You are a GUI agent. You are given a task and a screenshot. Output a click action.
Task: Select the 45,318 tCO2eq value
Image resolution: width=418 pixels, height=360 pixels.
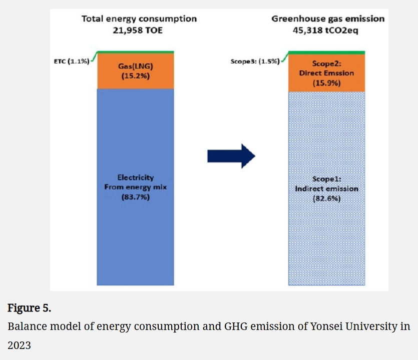[328, 29]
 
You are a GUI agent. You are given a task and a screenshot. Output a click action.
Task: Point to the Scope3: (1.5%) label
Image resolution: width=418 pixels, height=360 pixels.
[255, 63]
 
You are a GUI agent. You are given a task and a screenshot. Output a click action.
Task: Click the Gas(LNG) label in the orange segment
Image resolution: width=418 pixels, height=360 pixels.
[135, 66]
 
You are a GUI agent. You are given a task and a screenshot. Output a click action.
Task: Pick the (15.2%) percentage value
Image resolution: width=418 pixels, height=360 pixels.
[135, 76]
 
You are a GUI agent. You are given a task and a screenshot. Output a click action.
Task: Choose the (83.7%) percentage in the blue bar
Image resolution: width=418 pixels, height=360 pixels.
[135, 197]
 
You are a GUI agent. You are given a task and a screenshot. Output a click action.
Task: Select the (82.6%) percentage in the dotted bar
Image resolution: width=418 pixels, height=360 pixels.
[326, 198]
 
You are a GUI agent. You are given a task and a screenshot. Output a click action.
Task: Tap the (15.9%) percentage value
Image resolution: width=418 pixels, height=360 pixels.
[326, 82]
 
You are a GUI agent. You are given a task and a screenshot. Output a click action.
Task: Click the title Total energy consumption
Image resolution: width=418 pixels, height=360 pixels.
[139, 19]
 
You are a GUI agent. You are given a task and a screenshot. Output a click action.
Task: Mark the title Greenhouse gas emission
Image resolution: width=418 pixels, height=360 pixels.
[328, 19]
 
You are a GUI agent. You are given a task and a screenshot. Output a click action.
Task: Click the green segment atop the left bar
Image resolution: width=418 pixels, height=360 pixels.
[135, 52]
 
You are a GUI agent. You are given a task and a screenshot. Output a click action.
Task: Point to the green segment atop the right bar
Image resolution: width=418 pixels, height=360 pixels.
[326, 52]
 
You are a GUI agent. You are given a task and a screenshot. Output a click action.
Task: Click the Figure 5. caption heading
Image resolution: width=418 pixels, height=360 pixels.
[29, 308]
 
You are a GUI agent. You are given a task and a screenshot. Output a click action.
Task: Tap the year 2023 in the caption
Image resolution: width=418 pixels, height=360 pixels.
[19, 345]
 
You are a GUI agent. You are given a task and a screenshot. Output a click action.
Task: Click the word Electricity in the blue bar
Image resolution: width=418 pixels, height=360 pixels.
[135, 177]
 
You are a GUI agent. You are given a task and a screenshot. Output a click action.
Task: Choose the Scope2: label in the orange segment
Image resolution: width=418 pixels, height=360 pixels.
[326, 64]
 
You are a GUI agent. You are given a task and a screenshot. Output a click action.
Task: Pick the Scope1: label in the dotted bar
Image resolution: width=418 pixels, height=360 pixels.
[326, 179]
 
